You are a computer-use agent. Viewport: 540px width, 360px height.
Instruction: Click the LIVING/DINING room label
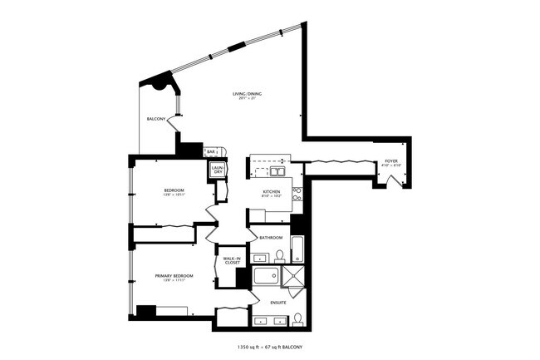tap(248, 95)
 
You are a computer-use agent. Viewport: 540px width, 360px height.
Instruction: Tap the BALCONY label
tap(156, 120)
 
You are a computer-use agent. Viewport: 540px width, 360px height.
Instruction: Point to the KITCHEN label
tap(272, 192)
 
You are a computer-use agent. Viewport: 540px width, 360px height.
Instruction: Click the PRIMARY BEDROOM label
tap(174, 275)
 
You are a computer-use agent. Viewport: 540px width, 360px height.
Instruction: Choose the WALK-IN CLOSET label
tap(232, 260)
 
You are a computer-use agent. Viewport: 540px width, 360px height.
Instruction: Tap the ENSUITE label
tap(278, 303)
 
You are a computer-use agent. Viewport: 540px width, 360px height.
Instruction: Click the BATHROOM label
tap(271, 238)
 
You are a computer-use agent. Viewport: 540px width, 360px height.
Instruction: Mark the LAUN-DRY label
tap(218, 170)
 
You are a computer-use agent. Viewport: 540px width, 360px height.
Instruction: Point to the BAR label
tap(211, 151)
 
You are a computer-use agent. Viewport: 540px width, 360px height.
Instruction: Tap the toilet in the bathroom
tap(280, 254)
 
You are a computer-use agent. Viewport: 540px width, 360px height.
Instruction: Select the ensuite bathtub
tap(266, 277)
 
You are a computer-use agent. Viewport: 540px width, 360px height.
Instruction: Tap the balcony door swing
tap(173, 121)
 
